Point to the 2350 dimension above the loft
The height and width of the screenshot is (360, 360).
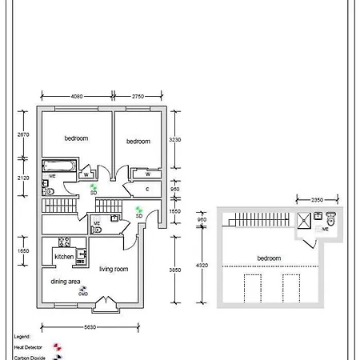pyautogui.click(x=317, y=201)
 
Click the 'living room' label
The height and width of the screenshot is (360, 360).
pyautogui.click(x=114, y=270)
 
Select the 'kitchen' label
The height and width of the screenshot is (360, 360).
pyautogui.click(x=64, y=256)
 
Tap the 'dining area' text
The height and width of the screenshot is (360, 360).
pyautogui.click(x=65, y=282)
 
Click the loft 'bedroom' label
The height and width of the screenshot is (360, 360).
pyautogui.click(x=269, y=258)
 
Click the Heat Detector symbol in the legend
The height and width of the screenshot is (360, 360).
pyautogui.click(x=57, y=348)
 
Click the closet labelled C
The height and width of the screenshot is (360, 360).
pyautogui.click(x=147, y=189)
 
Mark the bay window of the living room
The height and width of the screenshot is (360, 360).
pyautogui.click(x=106, y=304)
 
